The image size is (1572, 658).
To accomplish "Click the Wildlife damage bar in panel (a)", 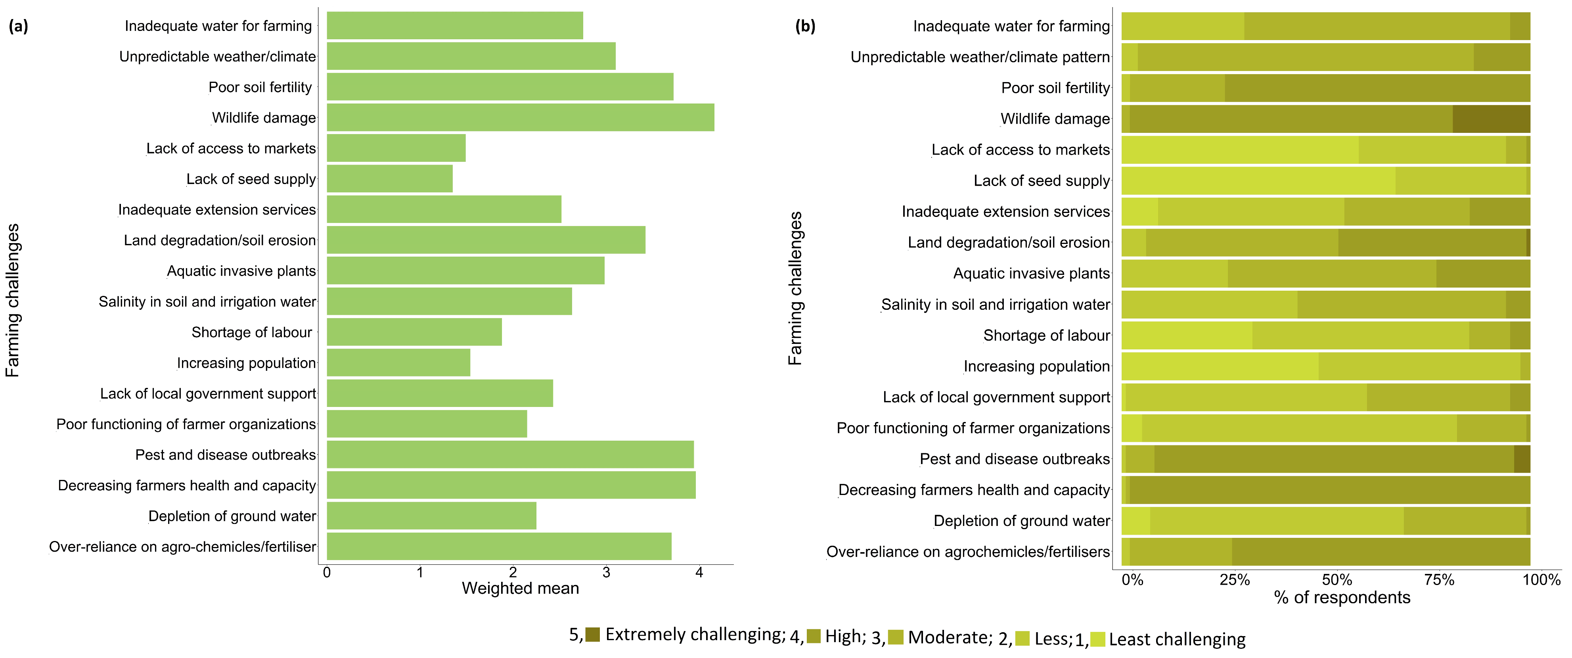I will pos(520,118).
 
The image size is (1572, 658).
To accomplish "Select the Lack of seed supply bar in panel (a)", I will pos(389,179).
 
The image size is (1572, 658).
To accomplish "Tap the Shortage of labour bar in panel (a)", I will pos(414,332).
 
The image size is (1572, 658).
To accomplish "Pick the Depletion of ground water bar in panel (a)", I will pos(431,516).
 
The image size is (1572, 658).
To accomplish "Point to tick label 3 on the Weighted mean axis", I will pos(606,573).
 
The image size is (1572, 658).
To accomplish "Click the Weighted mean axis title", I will pos(520,589).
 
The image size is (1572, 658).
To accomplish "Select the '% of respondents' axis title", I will pos(1342,598).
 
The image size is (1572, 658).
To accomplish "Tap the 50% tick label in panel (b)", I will pos(1336,580).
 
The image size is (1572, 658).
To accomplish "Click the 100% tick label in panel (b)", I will pos(1541,580).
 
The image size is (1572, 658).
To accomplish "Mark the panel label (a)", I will pos(18,26).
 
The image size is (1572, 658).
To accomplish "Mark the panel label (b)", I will pos(805,26).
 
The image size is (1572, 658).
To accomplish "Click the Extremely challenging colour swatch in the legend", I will pos(593,635).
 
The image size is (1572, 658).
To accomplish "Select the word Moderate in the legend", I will pos(948,638).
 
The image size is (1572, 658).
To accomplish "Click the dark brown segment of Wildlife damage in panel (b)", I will pos(1491,119).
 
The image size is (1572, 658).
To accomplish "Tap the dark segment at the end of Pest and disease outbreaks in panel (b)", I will pos(1522,459).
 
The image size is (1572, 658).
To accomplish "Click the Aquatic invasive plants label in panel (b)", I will pos(1031,273).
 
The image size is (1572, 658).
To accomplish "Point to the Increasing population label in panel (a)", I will pos(246,363).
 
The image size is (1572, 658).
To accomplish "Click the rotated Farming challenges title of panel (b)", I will pos(795,288).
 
